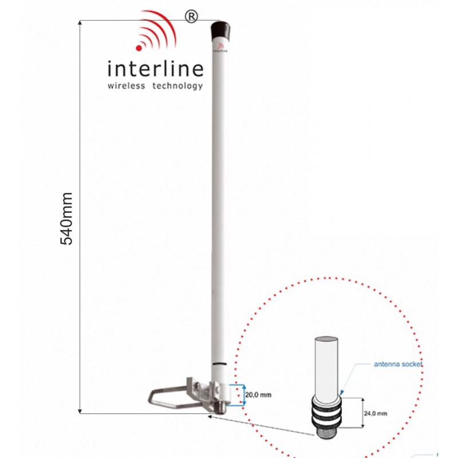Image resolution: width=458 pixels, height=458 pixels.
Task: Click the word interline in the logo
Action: [x=155, y=69]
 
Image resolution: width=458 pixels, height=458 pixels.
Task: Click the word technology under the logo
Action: [x=177, y=86]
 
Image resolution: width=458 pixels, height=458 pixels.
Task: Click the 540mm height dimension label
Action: [x=67, y=218]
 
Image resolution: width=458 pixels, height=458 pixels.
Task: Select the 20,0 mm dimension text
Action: [x=258, y=394]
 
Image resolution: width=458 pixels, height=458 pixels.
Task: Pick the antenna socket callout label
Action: [x=398, y=364]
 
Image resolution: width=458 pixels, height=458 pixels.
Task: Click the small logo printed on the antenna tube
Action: [x=218, y=50]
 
